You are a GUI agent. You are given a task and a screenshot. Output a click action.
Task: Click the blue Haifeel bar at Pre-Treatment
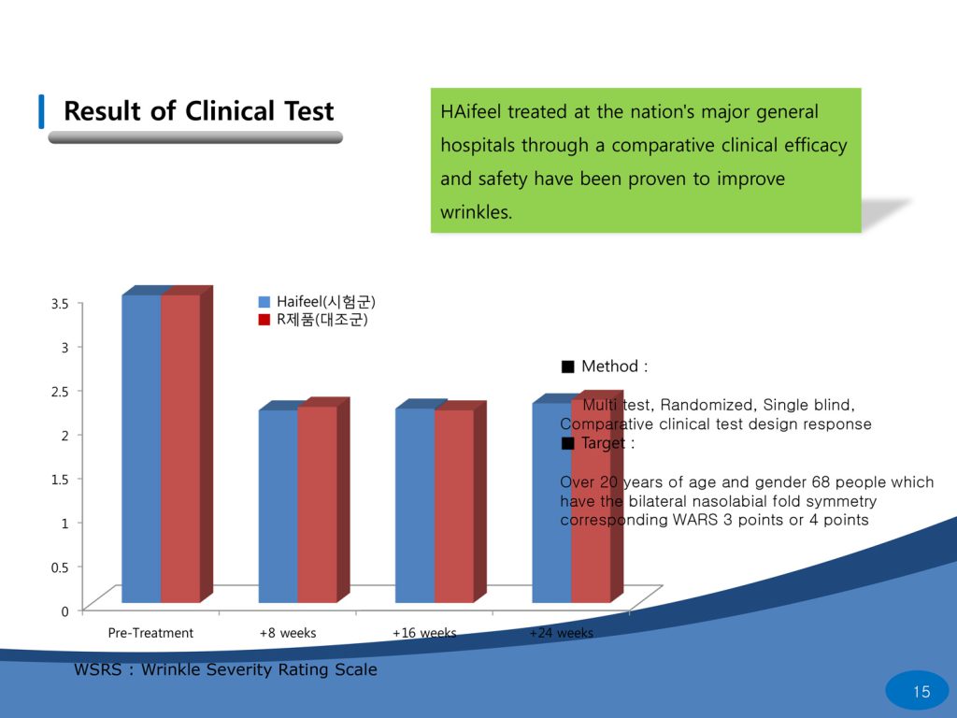(x=141, y=449)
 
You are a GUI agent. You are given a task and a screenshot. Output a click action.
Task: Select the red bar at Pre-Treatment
(x=180, y=449)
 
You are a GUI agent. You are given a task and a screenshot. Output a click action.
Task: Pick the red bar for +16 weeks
(x=453, y=506)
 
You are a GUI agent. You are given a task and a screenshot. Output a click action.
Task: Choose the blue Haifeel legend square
(x=264, y=302)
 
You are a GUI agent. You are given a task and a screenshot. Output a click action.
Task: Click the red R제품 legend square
(x=264, y=320)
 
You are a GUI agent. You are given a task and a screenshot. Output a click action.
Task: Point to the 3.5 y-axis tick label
(x=60, y=304)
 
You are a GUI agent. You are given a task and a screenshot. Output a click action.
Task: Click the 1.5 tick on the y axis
(x=60, y=479)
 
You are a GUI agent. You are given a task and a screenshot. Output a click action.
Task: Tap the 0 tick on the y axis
(x=64, y=611)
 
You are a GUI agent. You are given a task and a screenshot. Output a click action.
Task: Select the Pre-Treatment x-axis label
(x=150, y=633)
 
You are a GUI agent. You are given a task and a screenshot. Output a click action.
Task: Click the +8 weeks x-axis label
(x=288, y=633)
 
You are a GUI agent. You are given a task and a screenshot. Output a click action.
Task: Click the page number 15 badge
(x=921, y=692)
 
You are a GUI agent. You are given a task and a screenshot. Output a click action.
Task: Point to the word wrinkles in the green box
(x=475, y=212)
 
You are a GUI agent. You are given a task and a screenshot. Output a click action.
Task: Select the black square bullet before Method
(x=567, y=366)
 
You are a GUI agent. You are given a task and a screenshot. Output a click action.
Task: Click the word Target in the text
(x=604, y=443)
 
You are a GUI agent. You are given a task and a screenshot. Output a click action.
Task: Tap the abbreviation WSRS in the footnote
(x=98, y=669)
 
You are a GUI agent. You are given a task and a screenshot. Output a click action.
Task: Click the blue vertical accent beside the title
(x=41, y=111)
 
